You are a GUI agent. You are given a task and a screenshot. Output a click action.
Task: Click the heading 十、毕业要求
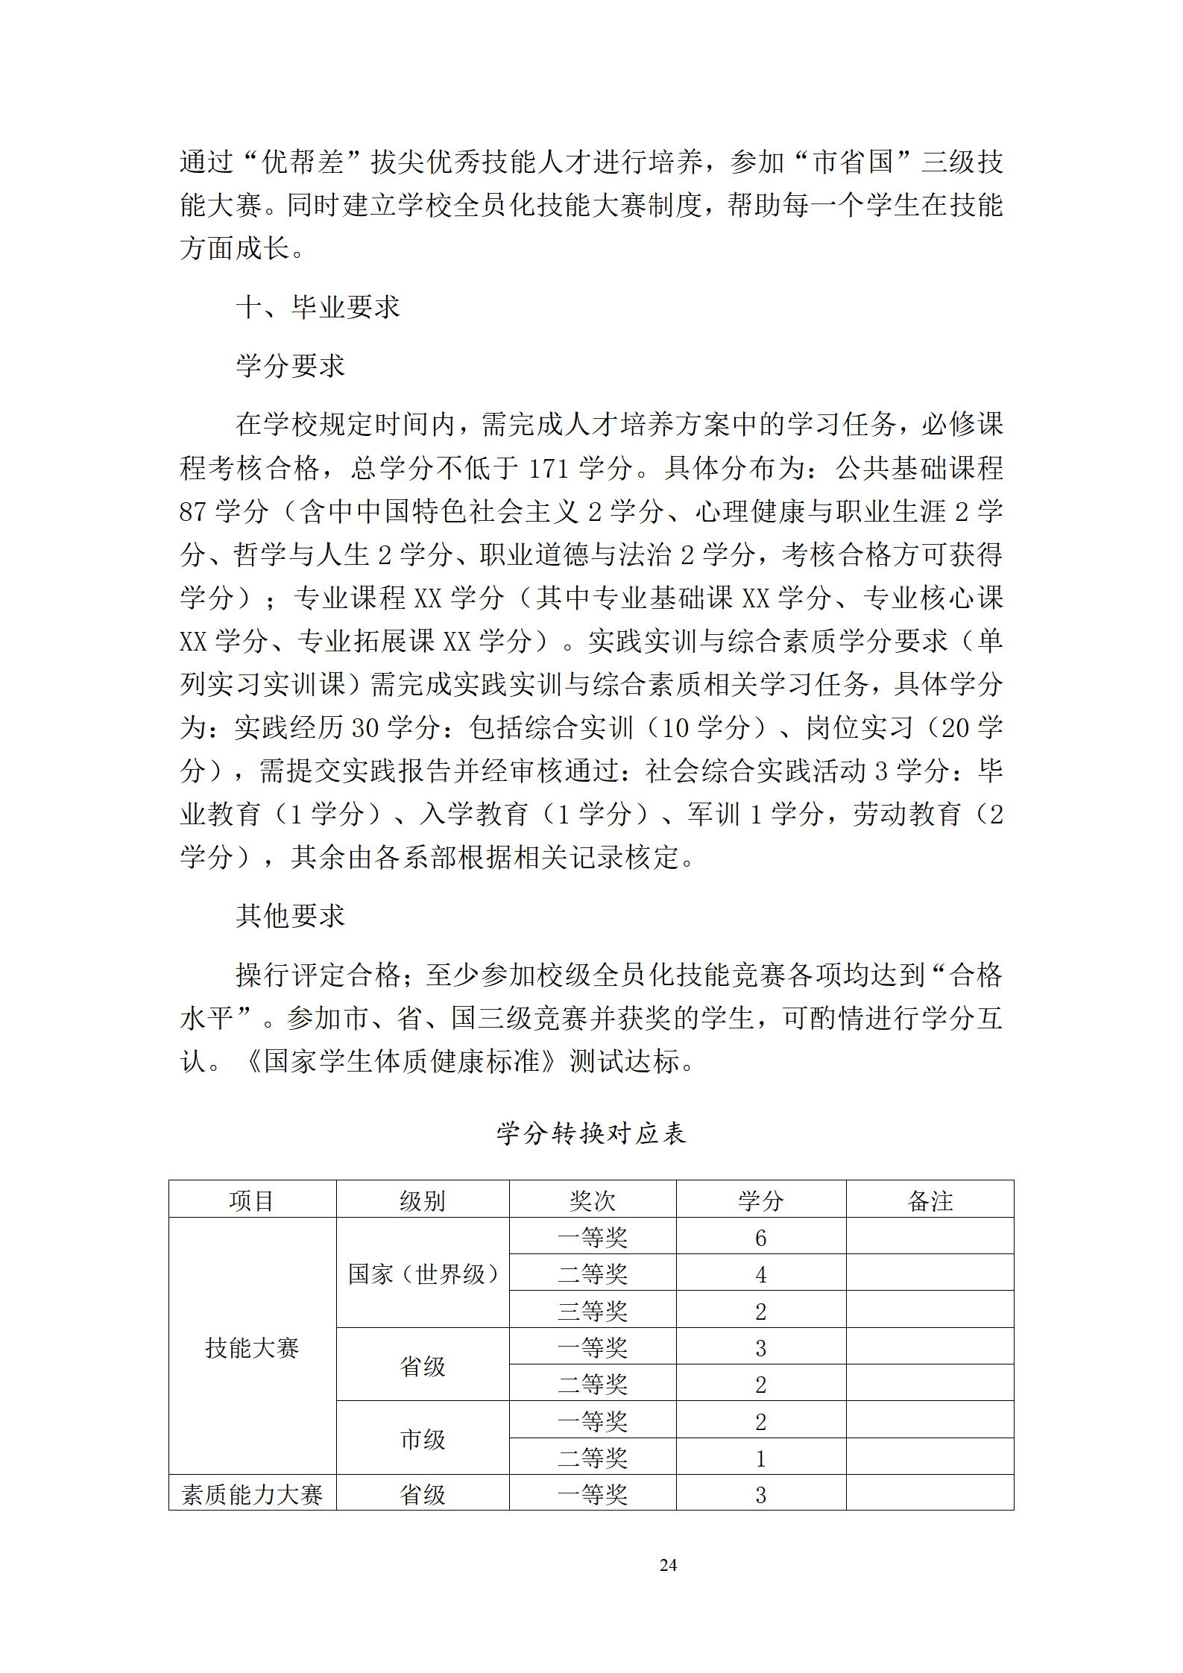[x=318, y=307]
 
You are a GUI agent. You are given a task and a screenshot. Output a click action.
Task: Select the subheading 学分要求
[x=290, y=366]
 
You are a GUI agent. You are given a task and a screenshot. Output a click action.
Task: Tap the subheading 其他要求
[x=290, y=916]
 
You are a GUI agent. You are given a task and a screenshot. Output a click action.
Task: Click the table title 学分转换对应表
[x=591, y=1133]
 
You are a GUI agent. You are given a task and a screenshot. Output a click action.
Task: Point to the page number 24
[x=668, y=1565]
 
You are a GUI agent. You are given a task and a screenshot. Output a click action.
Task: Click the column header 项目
[x=252, y=1201]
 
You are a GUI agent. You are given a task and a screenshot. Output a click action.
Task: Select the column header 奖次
[x=593, y=1201]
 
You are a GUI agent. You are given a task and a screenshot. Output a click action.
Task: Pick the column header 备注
[x=930, y=1201]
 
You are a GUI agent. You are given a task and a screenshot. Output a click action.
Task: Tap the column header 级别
[x=423, y=1201]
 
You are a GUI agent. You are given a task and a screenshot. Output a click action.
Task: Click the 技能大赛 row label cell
[x=252, y=1347]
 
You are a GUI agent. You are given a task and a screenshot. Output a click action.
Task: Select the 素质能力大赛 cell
[x=252, y=1494]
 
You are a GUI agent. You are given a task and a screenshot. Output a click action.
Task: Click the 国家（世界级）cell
[x=423, y=1274]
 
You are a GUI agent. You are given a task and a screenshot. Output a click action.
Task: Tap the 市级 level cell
[x=423, y=1439]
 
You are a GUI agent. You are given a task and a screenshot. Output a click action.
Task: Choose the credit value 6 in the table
[x=760, y=1238]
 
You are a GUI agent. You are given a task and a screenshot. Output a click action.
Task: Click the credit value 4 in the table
[x=760, y=1274]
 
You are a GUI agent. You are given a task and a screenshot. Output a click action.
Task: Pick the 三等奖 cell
[x=593, y=1311]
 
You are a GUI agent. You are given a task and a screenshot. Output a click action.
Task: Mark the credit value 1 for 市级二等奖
[x=760, y=1458]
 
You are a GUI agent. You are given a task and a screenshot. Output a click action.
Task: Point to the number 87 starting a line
[x=192, y=512]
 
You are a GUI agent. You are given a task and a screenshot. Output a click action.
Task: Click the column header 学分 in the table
[x=760, y=1201]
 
